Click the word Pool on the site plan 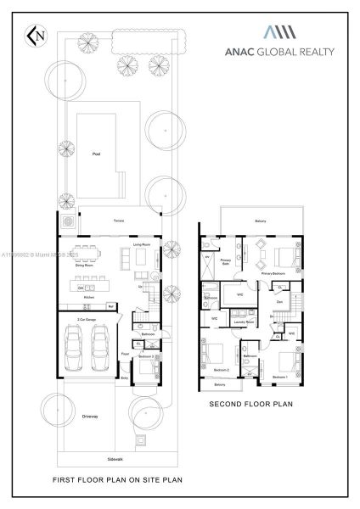[96, 154]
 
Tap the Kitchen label [88, 298]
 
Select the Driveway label [90, 417]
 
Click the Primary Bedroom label [273, 274]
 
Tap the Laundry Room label [245, 322]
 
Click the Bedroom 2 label [221, 371]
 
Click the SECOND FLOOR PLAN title [250, 405]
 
